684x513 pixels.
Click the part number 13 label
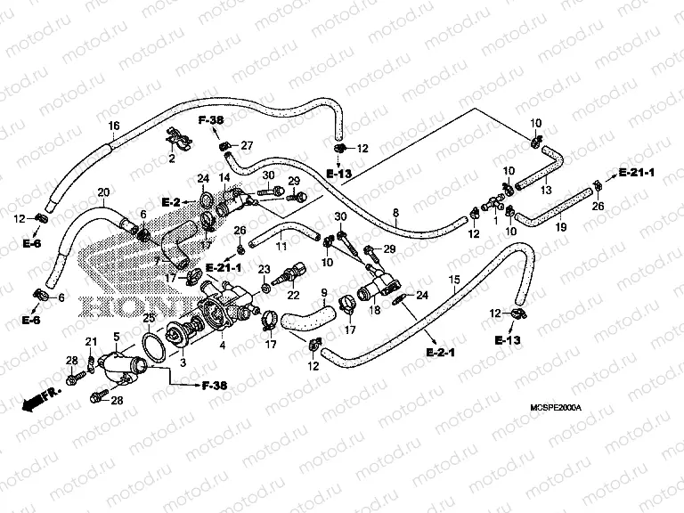tap(546, 191)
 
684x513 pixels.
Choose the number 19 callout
tap(561, 228)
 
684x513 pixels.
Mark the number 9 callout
tap(323, 292)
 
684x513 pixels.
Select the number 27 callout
tap(248, 145)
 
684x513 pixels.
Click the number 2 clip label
tap(171, 159)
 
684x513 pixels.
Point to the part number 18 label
tap(374, 310)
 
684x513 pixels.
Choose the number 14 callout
tap(224, 178)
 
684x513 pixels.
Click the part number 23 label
tap(264, 269)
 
